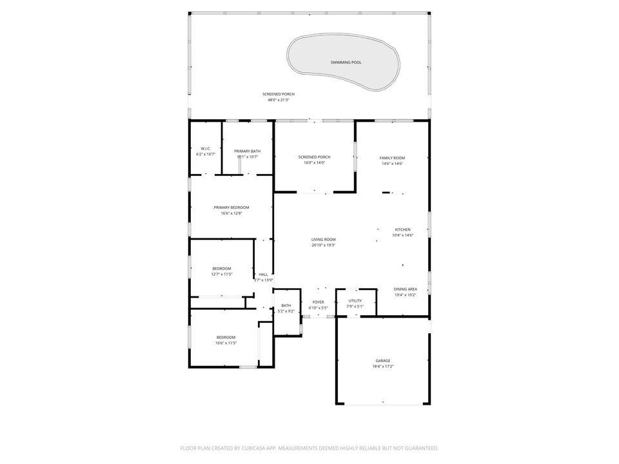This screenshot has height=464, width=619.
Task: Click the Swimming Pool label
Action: point(346,63)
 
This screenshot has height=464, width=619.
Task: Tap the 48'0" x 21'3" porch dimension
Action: point(279,100)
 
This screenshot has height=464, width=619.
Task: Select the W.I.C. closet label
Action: point(206,149)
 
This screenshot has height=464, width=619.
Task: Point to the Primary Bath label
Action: point(248,151)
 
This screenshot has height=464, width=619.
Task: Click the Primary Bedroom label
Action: point(231,208)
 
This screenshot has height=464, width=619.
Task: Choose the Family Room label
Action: point(392,158)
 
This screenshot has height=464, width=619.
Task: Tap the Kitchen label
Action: point(402,229)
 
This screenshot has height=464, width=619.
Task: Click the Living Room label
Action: point(323,240)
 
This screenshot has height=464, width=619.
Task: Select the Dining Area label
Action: point(406,289)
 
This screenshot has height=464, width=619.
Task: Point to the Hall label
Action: point(263,275)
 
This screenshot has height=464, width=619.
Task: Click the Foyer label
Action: point(319,302)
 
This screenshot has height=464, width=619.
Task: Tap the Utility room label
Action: point(355,300)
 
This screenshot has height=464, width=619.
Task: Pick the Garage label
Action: point(383,361)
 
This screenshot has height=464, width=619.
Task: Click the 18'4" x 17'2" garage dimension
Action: point(383,367)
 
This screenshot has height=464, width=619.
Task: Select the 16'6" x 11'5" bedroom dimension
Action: point(226,343)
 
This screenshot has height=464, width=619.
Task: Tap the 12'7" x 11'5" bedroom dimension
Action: point(222,274)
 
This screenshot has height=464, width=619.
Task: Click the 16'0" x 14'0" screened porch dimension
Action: point(315,162)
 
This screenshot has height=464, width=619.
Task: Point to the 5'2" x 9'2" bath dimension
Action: point(286,311)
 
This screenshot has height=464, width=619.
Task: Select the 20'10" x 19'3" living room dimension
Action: point(323,245)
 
